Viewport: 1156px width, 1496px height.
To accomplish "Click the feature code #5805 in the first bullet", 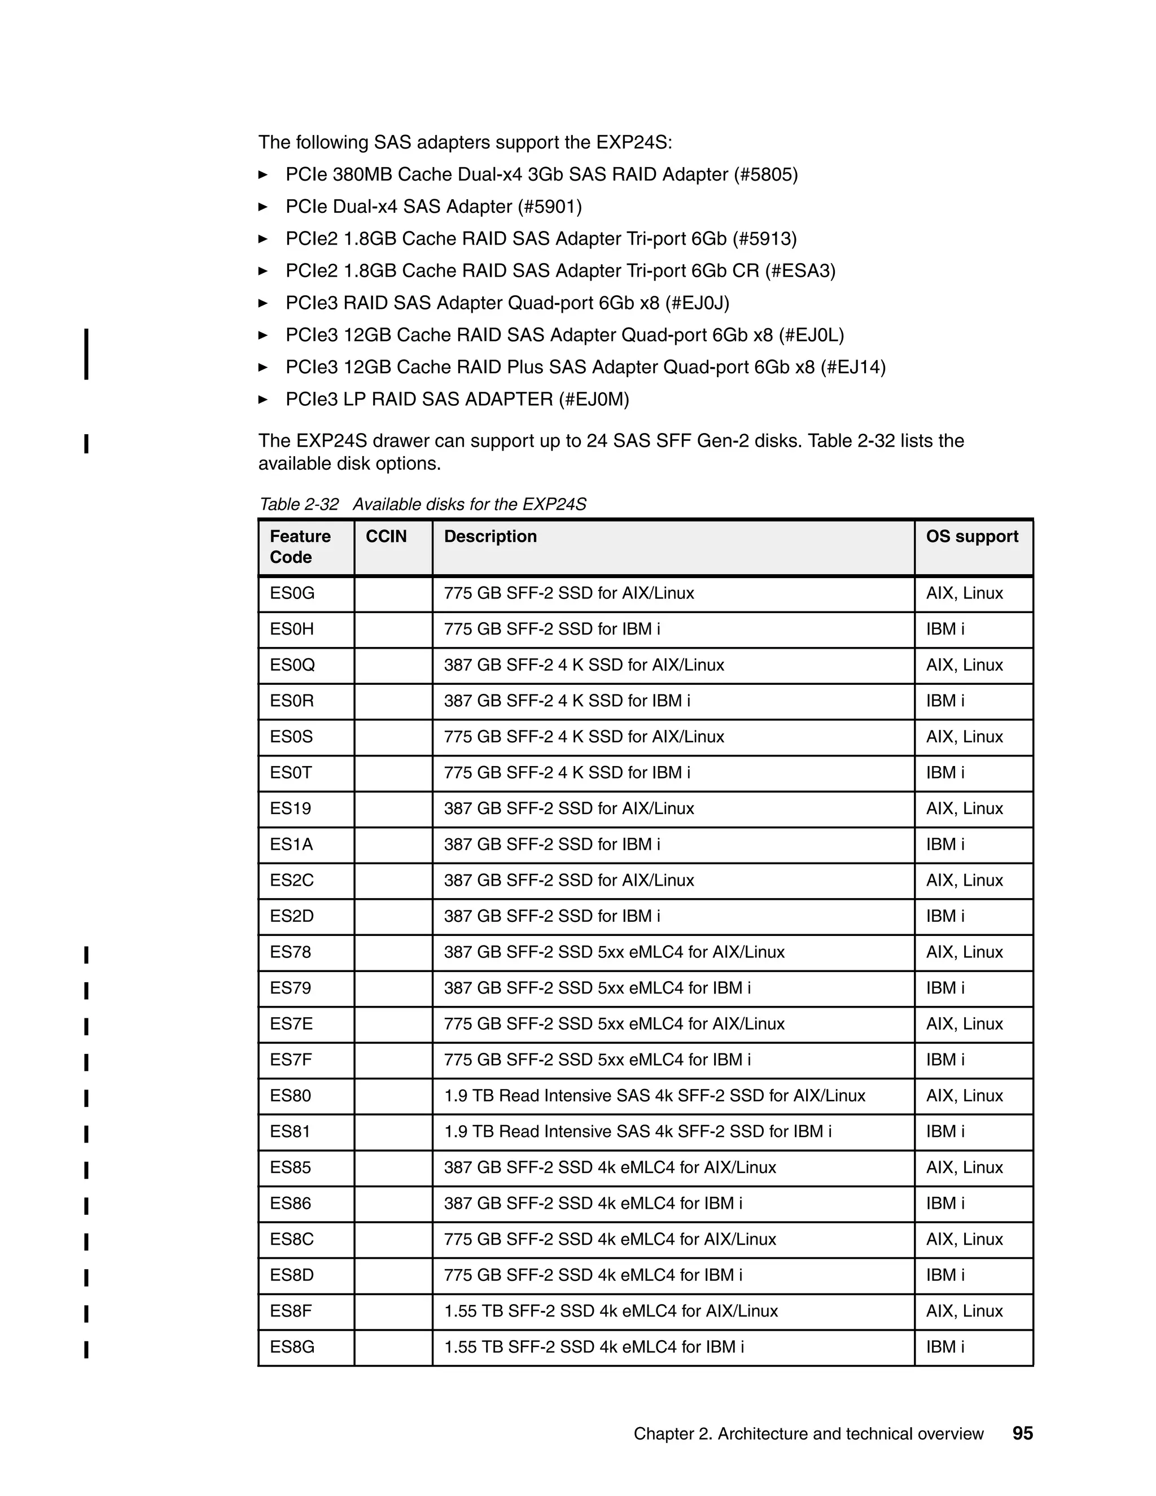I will (765, 174).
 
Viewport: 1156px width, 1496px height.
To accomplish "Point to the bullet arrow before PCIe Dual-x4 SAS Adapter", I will (263, 207).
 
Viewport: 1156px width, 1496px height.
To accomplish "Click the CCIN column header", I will (386, 536).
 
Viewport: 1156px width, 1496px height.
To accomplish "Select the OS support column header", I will (972, 536).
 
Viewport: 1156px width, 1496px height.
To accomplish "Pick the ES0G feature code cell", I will (292, 593).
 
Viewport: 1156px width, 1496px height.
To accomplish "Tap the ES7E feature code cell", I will (291, 1024).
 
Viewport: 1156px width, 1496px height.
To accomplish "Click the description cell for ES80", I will (654, 1096).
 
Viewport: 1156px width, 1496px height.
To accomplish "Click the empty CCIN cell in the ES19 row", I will (393, 809).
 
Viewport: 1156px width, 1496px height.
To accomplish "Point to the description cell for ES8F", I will (611, 1311).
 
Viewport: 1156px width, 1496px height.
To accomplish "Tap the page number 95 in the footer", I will (1022, 1434).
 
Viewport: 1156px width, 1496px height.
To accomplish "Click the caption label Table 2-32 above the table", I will (299, 505).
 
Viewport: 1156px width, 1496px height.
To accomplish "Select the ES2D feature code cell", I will (292, 916).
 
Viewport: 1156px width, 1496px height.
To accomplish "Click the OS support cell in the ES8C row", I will (964, 1239).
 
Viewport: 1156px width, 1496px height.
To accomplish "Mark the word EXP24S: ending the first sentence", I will (634, 142).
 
